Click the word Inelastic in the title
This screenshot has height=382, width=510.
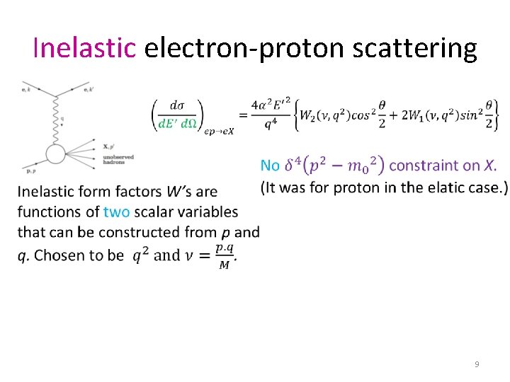click(84, 47)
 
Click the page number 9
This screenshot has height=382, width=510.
click(477, 364)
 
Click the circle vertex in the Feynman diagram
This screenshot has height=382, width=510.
click(55, 153)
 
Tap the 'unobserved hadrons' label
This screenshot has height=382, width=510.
click(118, 159)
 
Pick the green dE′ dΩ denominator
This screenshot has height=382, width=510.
click(177, 124)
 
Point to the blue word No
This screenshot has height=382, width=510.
click(271, 166)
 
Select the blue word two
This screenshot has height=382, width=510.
click(116, 211)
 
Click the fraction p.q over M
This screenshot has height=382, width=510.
click(225, 255)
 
